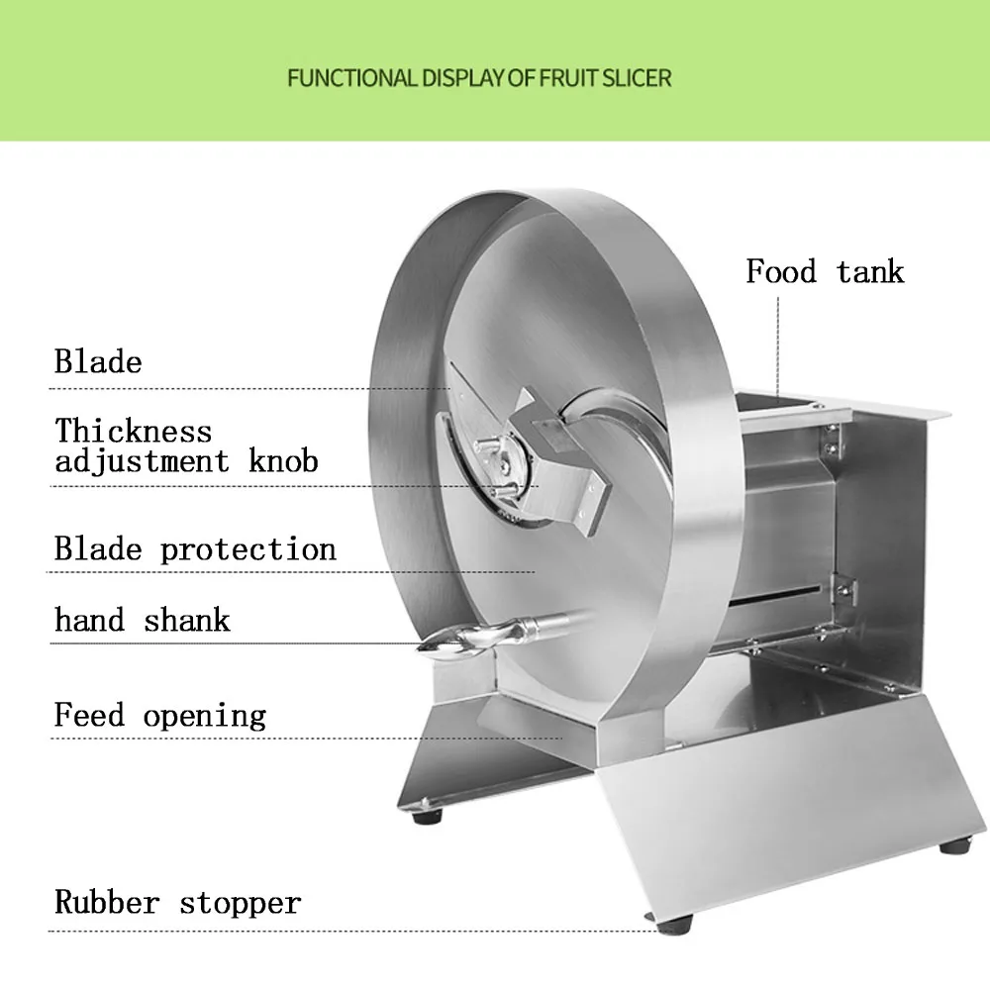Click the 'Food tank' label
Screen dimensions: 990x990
point(825,271)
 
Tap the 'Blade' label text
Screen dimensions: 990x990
point(98,361)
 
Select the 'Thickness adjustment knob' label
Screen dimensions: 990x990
point(186,445)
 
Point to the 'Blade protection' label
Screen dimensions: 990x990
point(195,549)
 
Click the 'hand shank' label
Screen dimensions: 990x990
point(142,620)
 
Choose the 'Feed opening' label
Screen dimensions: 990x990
point(160,716)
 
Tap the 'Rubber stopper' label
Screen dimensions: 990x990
point(178,902)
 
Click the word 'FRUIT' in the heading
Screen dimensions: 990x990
point(567,78)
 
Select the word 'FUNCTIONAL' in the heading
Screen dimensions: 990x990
point(351,78)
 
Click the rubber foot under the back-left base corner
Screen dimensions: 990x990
point(428,816)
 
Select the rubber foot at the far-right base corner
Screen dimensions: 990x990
point(954,844)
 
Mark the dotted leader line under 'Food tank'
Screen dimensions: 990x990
point(778,347)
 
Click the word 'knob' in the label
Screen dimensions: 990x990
point(283,461)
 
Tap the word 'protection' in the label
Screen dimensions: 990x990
point(248,549)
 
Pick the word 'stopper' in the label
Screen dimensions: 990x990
point(241,904)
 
